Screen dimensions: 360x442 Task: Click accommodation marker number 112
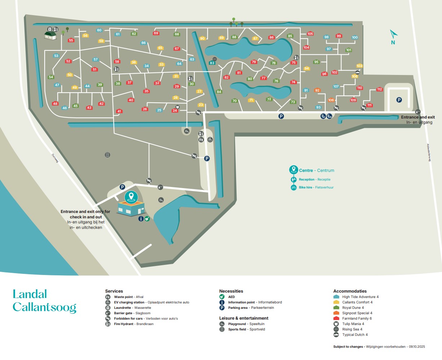pos(379,89)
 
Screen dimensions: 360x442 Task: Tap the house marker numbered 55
pos(71,40)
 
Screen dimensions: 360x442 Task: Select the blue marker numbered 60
pos(99,30)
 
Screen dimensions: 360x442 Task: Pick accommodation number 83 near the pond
pos(212,63)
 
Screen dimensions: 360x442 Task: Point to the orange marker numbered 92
pos(317,90)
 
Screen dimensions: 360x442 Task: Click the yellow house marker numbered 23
pos(201,105)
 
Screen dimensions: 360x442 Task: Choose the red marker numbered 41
pos(119,111)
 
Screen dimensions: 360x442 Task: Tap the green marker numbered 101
pos(349,50)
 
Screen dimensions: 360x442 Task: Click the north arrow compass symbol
pos(393,35)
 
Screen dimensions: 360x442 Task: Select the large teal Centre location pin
pos(131,197)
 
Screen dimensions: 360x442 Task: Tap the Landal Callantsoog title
pos(44,300)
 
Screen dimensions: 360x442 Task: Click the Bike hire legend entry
pos(305,187)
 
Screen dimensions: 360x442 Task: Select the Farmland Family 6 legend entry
pos(357,319)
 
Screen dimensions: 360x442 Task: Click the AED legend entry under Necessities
pos(231,297)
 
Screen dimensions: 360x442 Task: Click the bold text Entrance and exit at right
pos(418,117)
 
